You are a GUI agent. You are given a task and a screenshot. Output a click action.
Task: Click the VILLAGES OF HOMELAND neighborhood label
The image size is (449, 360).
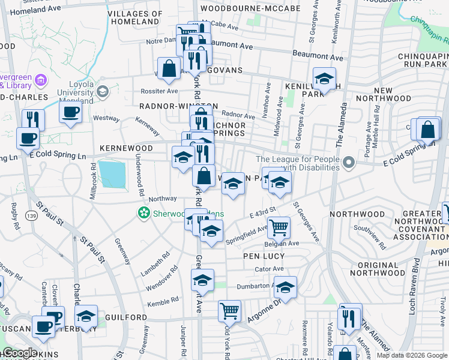click(134, 17)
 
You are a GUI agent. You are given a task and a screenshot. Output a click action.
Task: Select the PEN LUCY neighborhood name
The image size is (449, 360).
click(264, 256)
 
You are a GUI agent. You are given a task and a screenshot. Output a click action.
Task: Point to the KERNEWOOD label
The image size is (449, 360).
click(126, 148)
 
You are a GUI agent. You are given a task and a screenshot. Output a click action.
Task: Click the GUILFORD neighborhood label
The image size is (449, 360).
click(126, 317)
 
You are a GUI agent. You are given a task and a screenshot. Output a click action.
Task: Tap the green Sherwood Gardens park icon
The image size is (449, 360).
click(143, 212)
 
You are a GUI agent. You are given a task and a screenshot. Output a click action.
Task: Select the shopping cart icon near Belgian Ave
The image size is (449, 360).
click(279, 228)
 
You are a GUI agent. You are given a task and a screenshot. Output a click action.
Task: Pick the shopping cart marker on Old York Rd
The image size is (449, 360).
click(229, 311)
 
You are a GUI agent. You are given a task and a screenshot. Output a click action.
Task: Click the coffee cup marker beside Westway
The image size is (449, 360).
click(71, 112)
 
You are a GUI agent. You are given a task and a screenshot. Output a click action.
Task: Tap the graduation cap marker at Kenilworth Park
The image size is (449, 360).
click(324, 79)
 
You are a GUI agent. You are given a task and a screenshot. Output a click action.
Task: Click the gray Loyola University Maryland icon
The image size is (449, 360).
click(101, 91)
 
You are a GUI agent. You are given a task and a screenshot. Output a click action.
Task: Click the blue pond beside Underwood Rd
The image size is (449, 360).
click(112, 175)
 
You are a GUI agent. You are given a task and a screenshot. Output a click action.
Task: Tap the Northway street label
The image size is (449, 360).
click(163, 199)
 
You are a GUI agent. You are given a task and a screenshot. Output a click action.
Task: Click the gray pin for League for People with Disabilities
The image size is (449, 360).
click(348, 163)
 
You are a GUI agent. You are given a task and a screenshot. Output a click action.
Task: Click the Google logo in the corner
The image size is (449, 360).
click(19, 352)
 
